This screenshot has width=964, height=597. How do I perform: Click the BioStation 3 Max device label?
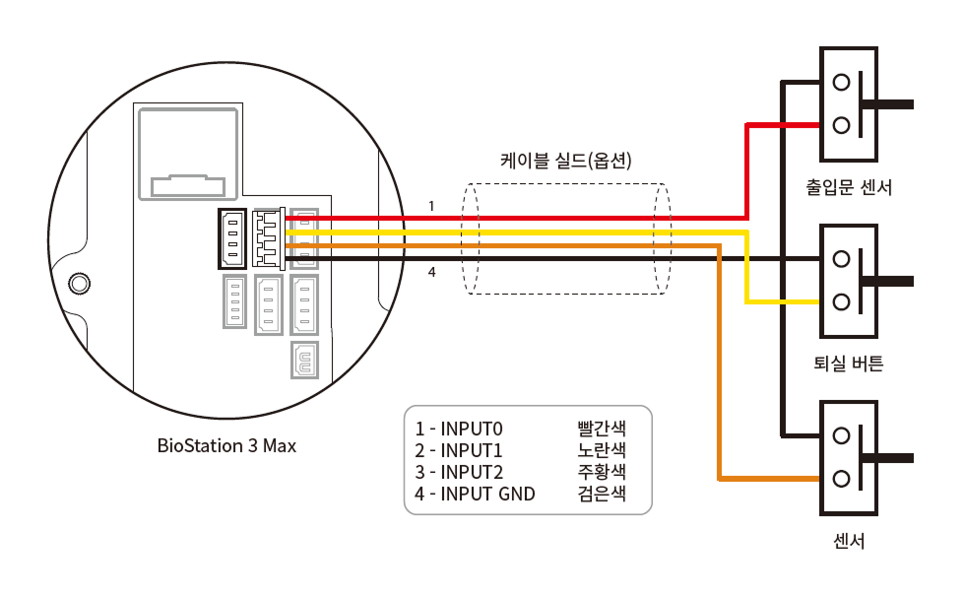(226, 445)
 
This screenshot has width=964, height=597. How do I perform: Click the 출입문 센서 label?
(848, 186)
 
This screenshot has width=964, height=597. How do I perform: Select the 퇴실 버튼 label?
(849, 364)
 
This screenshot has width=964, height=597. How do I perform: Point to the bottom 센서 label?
(849, 541)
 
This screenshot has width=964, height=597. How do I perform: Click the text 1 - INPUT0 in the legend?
(459, 430)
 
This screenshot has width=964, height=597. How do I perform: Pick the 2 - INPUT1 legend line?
(459, 451)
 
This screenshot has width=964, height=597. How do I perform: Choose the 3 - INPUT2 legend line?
(459, 473)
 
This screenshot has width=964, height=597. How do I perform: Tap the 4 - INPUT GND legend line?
(476, 495)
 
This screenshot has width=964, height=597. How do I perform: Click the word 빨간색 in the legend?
(602, 430)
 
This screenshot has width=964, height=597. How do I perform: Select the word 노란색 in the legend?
(602, 451)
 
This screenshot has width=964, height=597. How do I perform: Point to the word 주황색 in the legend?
(602, 473)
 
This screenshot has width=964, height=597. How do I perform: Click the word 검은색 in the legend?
(602, 495)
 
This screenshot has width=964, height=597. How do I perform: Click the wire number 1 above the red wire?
(431, 206)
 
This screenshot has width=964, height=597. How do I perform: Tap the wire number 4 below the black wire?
(431, 272)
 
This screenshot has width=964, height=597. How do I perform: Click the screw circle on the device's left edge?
(78, 284)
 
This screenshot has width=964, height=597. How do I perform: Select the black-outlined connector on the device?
(232, 238)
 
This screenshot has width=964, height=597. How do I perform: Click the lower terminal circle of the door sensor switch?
(841, 125)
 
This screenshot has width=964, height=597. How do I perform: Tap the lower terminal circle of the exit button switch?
(841, 302)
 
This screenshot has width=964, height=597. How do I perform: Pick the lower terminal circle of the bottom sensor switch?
(841, 479)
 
